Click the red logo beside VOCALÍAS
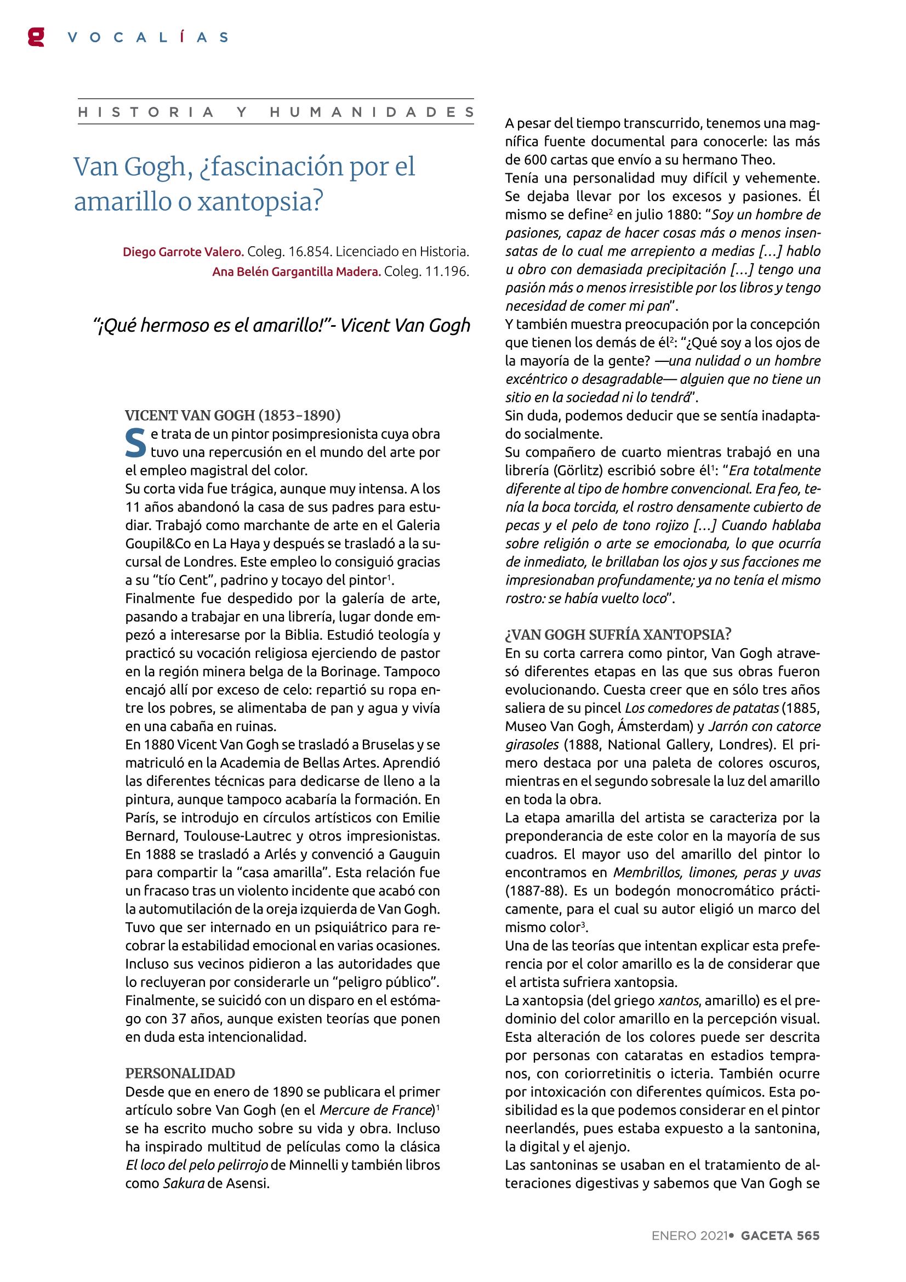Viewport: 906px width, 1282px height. (36, 37)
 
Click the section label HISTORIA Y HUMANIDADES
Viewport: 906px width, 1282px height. (276, 112)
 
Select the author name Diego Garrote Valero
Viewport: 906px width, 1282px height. (183, 252)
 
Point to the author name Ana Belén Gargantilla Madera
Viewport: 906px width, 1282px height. (297, 272)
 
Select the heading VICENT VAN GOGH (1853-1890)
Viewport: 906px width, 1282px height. (233, 416)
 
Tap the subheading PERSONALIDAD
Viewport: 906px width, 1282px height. (180, 1073)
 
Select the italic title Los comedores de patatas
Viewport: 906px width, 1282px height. (702, 708)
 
